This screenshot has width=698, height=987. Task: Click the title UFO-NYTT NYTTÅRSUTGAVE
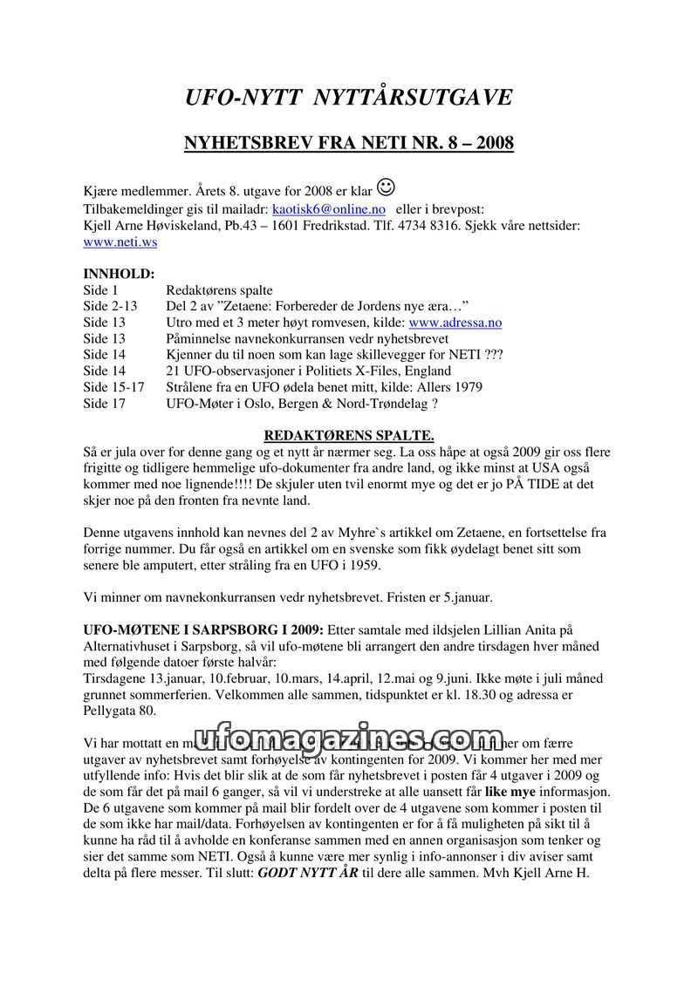[349, 98]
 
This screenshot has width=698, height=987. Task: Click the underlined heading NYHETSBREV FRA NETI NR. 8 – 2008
[349, 142]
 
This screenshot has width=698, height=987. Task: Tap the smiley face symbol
[387, 187]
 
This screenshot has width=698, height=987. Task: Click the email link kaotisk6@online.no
[329, 209]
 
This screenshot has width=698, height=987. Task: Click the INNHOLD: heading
[119, 274]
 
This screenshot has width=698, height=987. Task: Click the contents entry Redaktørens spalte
[219, 290]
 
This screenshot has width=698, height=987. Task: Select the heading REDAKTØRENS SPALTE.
[349, 435]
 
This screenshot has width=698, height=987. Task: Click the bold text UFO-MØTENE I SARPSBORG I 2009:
[203, 630]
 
